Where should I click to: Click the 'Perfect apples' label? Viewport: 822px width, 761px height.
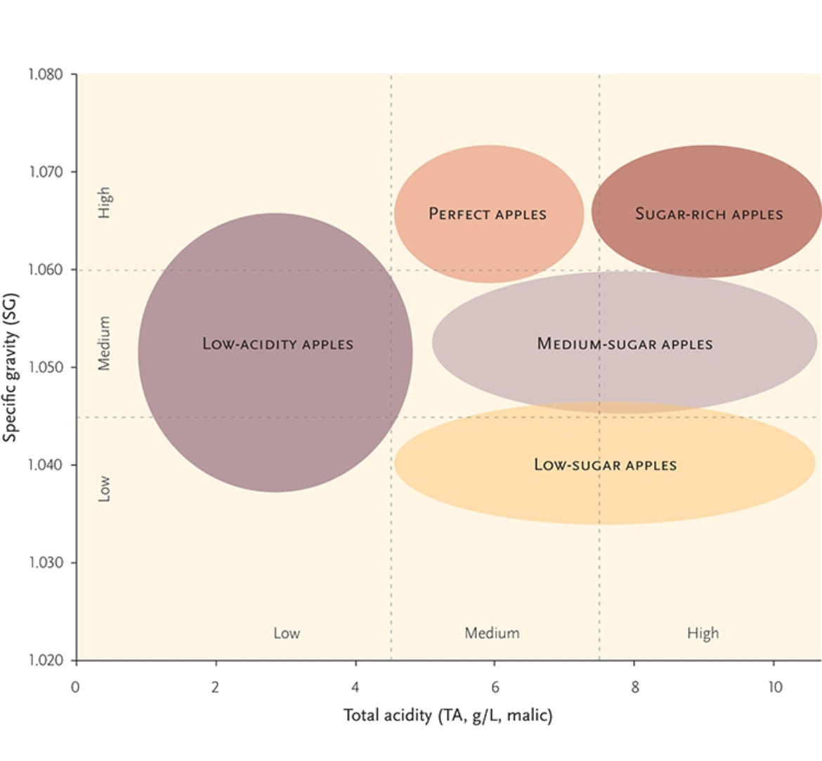(488, 214)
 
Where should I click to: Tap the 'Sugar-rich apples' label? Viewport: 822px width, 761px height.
(708, 214)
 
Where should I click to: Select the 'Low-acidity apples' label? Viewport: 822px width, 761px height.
(278, 344)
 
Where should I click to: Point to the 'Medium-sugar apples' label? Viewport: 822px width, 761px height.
(625, 344)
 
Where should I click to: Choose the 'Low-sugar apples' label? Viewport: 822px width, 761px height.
(605, 465)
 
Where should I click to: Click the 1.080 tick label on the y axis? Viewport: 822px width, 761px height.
(46, 74)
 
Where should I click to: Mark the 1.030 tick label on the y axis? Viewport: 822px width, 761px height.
(46, 563)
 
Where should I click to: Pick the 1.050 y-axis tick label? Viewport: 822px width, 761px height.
(46, 367)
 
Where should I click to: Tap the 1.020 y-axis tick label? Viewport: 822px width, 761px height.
(46, 661)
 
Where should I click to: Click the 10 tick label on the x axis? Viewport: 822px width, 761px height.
(774, 687)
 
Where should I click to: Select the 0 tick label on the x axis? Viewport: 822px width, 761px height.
(76, 687)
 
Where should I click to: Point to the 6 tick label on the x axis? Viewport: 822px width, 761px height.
(495, 687)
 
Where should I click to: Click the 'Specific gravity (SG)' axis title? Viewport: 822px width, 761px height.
(10, 367)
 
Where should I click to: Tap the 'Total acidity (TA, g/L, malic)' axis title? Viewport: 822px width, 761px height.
(448, 715)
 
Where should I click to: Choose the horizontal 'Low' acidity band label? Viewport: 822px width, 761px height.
(287, 633)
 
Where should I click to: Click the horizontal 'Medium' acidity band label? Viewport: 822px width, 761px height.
(492, 633)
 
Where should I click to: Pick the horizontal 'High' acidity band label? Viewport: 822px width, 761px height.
(703, 633)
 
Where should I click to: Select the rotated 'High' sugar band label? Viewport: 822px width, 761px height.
(104, 202)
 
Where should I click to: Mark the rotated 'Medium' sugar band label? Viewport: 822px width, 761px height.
(104, 343)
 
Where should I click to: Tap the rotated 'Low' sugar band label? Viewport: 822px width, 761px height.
(104, 489)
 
